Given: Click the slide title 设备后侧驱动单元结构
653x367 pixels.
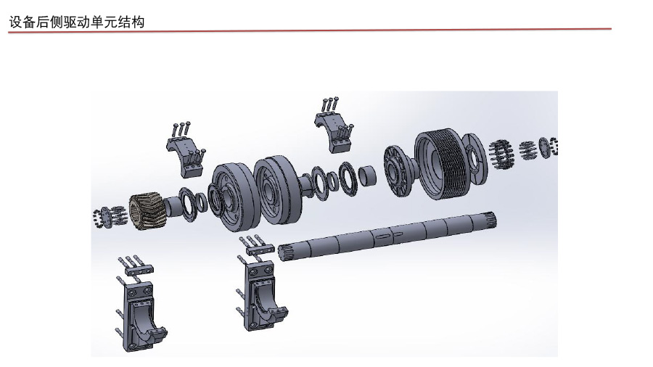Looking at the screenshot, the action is click(x=77, y=22).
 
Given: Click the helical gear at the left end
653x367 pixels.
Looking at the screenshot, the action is click(x=145, y=211).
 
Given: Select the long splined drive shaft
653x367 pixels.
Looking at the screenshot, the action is click(x=387, y=236).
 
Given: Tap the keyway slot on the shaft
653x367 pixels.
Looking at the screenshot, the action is click(x=382, y=236).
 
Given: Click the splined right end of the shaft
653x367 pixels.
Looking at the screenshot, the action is click(x=490, y=220).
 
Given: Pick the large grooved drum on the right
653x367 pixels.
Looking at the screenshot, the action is click(x=440, y=163).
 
